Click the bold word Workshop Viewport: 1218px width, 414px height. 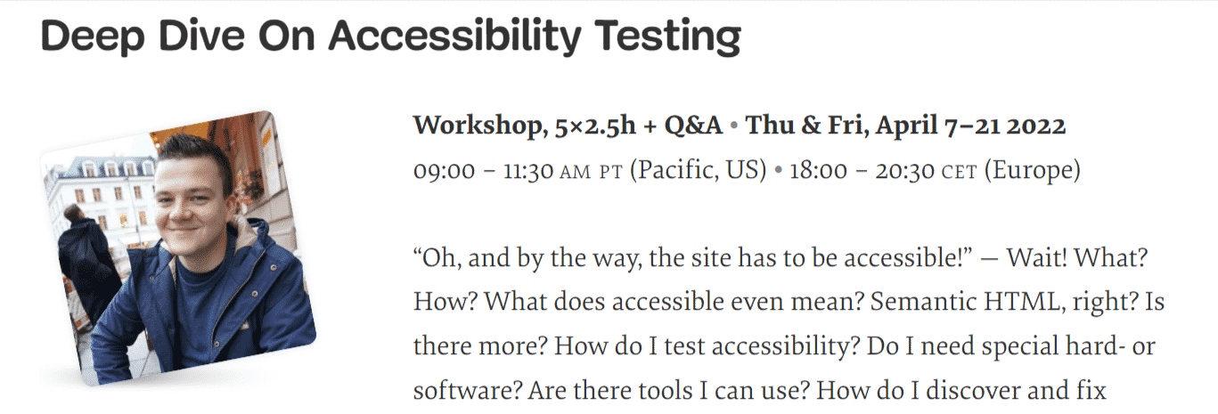coord(476,126)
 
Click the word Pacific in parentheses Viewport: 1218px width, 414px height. coord(672,170)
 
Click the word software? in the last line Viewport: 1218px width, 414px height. coord(462,390)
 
